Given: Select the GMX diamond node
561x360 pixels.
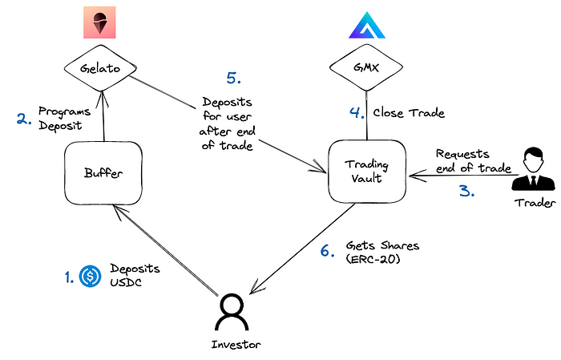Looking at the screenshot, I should [367, 69].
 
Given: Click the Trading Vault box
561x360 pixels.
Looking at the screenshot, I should [367, 170].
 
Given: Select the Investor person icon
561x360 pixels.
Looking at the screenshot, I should [232, 310].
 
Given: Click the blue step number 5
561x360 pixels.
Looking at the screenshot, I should [233, 79].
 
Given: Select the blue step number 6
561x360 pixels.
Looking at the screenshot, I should [326, 250].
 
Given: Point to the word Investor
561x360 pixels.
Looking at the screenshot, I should [233, 346].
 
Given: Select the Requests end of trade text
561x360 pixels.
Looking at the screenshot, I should [473, 160].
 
